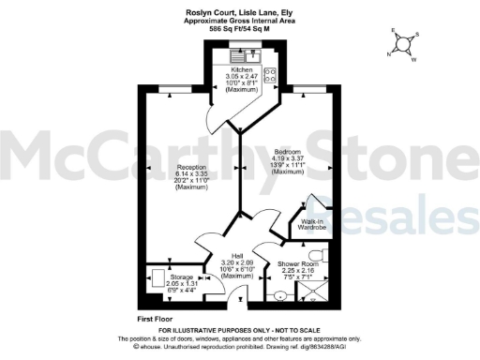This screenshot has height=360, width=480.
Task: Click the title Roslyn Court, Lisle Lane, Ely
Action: coord(239,12)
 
